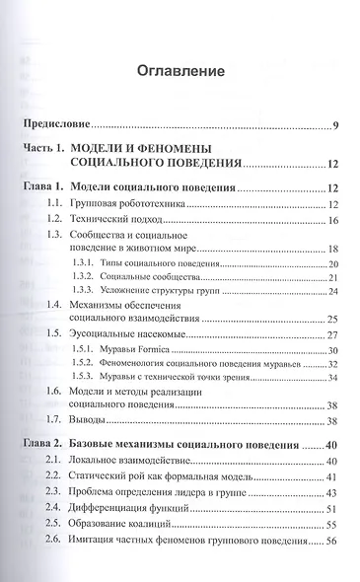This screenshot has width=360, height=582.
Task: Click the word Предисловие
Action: click(x=57, y=124)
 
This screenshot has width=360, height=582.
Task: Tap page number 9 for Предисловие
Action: click(x=335, y=124)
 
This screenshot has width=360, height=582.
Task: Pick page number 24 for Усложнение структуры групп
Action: click(x=333, y=291)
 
